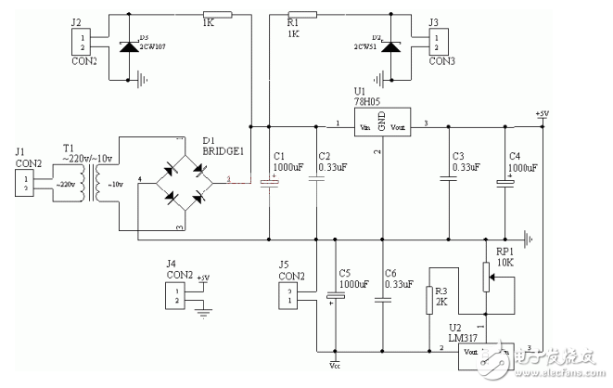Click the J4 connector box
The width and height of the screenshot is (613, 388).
pyautogui.click(x=172, y=295)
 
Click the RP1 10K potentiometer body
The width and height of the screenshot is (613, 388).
pyautogui.click(x=483, y=275)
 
